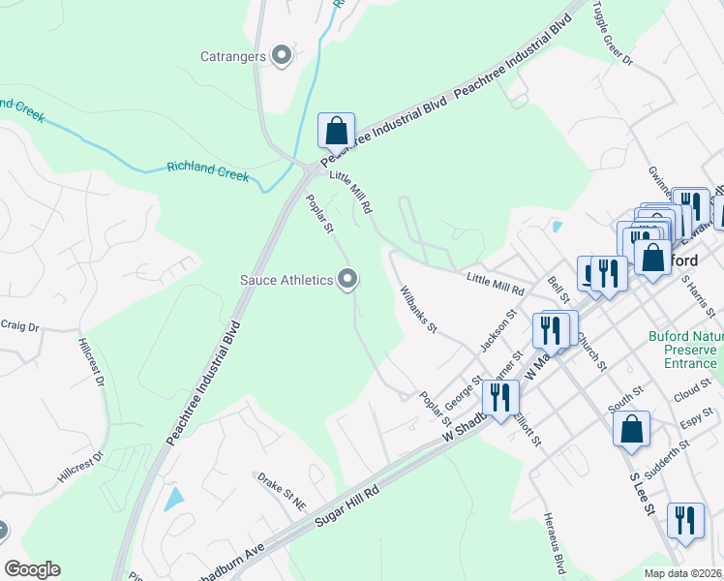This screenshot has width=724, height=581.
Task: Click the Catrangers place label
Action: coord(232,56)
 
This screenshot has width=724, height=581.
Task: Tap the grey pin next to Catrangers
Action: coord(283,55)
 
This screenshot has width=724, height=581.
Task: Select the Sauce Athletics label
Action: coord(286,281)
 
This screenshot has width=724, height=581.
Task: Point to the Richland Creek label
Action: coord(207,171)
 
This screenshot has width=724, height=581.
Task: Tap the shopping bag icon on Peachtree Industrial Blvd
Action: coord(336,131)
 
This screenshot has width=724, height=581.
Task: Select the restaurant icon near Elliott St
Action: coord(500,397)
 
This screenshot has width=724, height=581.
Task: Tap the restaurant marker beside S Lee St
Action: coord(684,521)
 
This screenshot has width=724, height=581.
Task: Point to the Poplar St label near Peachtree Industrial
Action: coord(319,214)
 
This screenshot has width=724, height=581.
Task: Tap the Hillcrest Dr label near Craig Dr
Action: coord(90,361)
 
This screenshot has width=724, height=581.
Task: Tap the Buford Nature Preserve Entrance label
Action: coord(683,350)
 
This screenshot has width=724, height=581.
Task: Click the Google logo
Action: coord(32,569)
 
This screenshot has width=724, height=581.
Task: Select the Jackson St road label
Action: coord(499,330)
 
